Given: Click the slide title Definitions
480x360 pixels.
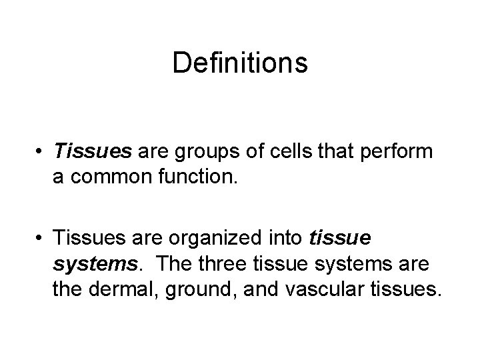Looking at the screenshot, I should [x=240, y=63].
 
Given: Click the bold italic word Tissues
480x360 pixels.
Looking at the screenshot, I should [x=94, y=152].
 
